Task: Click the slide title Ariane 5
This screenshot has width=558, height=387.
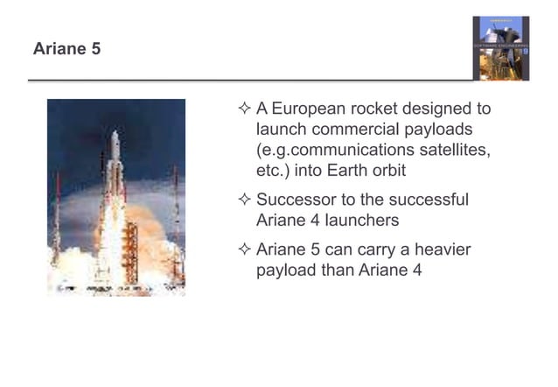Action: tap(66, 50)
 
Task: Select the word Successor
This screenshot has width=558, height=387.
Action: tap(294, 201)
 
